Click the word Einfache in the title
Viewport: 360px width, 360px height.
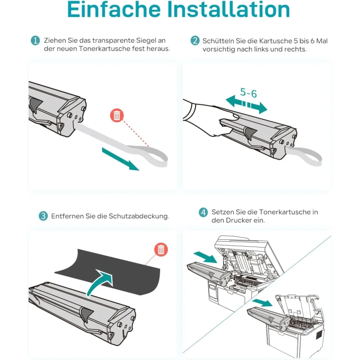[114, 9]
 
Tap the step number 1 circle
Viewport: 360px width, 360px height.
[35, 40]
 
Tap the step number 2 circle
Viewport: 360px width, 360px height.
[195, 40]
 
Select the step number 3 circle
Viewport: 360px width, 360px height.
[43, 216]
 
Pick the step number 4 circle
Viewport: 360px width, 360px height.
[203, 212]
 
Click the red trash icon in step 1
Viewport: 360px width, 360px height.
[117, 115]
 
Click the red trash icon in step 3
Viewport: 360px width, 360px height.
[161, 249]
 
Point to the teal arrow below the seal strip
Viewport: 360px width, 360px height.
[120, 159]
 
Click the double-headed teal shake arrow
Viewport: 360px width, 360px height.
[246, 104]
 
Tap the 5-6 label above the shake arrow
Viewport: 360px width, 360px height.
[248, 93]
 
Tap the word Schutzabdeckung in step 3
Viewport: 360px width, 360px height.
[139, 216]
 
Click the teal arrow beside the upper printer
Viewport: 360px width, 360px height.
[205, 257]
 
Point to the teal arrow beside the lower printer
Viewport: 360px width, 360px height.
[262, 302]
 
